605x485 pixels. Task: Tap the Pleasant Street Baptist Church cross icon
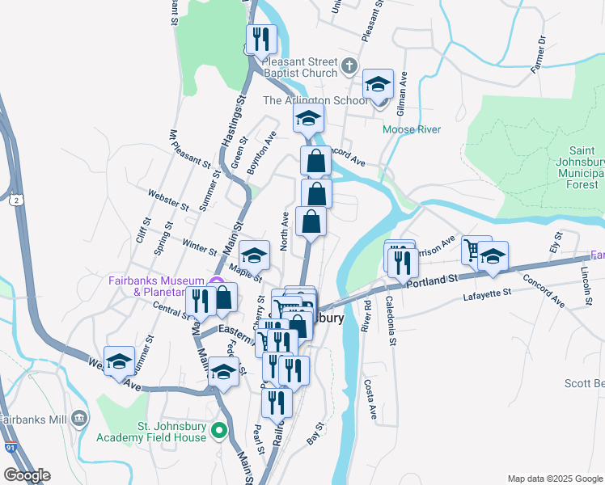[x=349, y=65]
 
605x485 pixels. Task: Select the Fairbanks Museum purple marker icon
[x=216, y=282]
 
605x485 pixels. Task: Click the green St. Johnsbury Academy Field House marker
[x=218, y=430]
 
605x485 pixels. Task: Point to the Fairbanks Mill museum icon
[x=78, y=418]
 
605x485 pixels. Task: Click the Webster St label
[x=167, y=197]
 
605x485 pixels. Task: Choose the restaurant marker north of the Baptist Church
[x=261, y=39]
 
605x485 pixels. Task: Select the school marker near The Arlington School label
[x=378, y=83]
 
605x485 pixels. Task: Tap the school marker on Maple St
[x=254, y=255]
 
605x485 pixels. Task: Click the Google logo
[x=27, y=475]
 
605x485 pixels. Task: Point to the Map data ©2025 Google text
[x=556, y=479]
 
